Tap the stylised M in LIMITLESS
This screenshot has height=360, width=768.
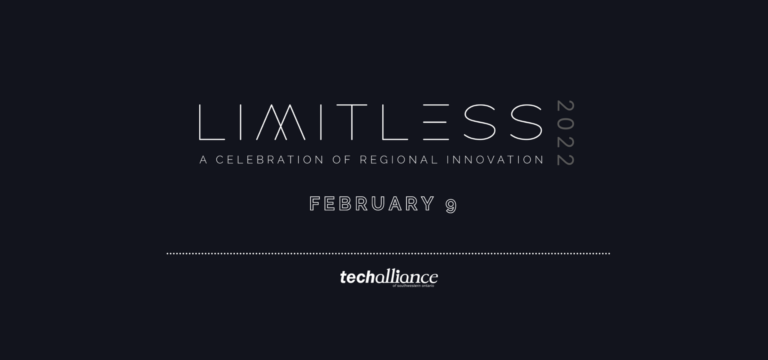(281, 122)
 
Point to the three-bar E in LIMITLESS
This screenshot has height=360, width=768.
(436, 122)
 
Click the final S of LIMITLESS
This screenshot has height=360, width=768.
(526, 122)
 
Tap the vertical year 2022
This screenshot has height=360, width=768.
(566, 133)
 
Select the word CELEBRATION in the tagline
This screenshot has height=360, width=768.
(270, 160)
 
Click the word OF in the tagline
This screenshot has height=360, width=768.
(342, 160)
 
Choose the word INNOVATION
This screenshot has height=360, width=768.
(495, 160)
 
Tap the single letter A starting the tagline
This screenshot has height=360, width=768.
(203, 160)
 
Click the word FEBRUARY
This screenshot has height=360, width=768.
(372, 204)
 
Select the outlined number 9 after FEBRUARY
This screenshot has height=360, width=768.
(451, 206)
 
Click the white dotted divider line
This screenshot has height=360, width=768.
(388, 254)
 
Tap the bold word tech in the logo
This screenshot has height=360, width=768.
(358, 277)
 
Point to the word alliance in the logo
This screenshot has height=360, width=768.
(406, 277)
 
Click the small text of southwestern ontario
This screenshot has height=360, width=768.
(413, 286)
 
